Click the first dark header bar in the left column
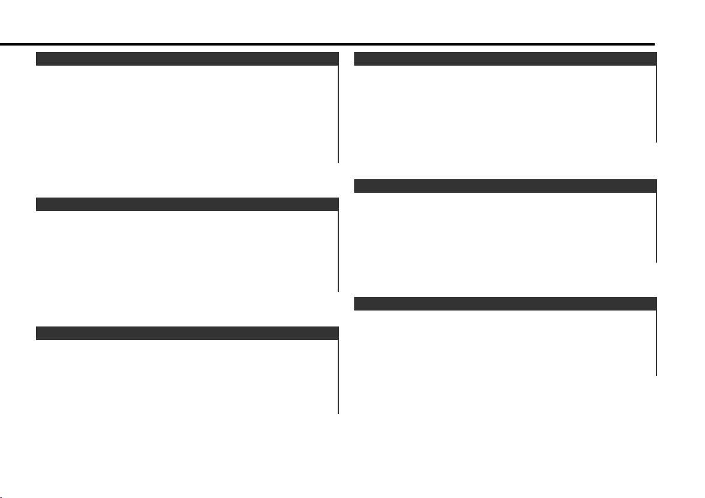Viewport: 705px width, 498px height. point(187,59)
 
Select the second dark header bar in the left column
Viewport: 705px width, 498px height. point(187,205)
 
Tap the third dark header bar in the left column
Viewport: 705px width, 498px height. point(187,333)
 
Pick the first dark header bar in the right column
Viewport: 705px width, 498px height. point(505,59)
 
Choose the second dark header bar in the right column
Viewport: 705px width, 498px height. point(505,186)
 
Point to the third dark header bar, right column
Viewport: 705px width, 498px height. point(505,303)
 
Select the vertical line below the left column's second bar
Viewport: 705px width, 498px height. point(338,251)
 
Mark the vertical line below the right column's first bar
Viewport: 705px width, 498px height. point(657,104)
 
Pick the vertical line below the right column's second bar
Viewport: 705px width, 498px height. point(657,227)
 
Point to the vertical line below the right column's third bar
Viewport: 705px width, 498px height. point(657,343)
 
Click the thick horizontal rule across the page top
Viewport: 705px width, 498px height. point(328,44)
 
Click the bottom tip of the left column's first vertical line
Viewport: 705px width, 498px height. point(338,161)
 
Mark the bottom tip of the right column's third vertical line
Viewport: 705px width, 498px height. point(657,375)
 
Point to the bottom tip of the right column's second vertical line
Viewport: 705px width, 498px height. point(657,261)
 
